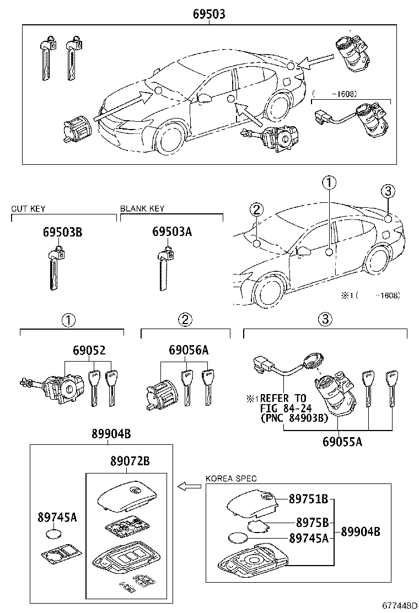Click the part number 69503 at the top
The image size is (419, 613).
tap(209, 14)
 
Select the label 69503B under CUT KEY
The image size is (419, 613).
tap(62, 232)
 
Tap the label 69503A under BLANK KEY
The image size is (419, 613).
tap(172, 232)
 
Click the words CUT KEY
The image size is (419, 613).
tap(28, 209)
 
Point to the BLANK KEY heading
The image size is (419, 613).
tap(142, 209)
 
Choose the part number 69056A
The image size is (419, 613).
tap(189, 351)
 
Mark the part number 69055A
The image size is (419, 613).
tap(339, 440)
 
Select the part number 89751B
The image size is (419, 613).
tap(309, 499)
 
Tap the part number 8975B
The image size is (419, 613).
tap(312, 522)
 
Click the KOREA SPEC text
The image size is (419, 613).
tap(231, 478)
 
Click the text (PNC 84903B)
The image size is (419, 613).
tap(294, 418)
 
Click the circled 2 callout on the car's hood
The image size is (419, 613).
tap(256, 209)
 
